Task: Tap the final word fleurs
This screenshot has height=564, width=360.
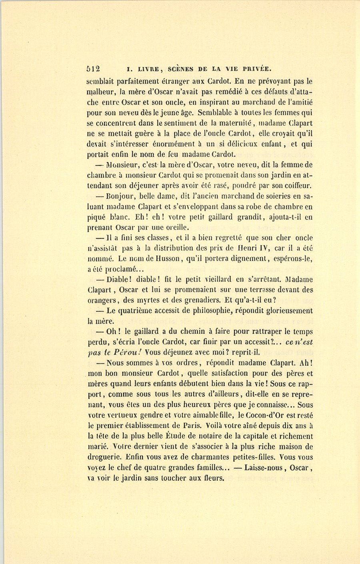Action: pos(212,478)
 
